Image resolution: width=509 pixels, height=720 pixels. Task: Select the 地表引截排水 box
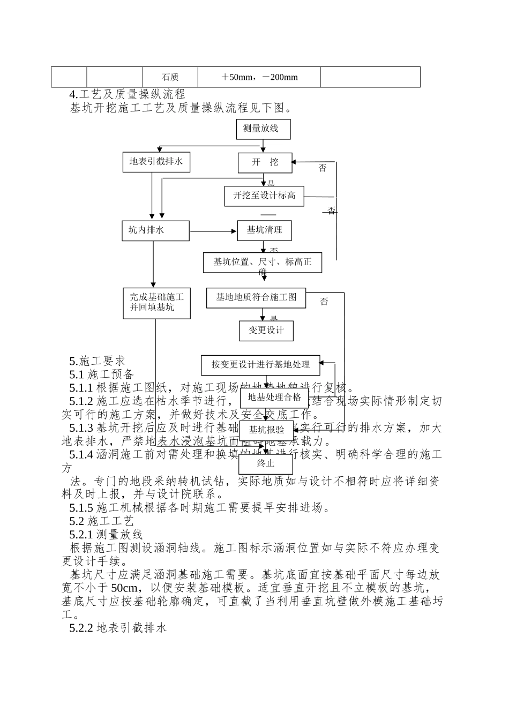tap(156, 162)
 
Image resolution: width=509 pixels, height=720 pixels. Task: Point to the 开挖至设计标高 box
tap(264, 196)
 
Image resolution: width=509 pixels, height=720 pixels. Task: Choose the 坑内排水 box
tap(155, 231)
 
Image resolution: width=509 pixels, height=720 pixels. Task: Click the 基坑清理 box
tap(264, 230)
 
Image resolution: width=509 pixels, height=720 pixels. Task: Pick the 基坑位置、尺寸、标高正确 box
tap(263, 262)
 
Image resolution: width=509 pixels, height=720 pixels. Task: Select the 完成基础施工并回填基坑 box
tap(156, 303)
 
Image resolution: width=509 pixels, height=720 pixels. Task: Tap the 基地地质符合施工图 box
tap(256, 298)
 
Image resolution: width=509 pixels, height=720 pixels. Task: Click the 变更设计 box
tap(266, 331)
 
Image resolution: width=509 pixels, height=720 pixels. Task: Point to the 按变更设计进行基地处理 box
tap(260, 365)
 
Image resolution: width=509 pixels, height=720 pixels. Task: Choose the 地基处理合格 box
tap(274, 398)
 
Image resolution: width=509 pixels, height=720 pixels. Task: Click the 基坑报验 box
tap(266, 430)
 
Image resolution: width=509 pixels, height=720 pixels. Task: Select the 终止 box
tap(266, 463)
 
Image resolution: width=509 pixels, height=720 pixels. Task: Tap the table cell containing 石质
tap(170, 77)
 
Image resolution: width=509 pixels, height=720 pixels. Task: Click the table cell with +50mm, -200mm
tap(259, 77)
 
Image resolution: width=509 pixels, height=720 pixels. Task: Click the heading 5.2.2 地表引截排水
tap(118, 627)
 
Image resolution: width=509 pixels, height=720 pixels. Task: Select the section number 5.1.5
tap(81, 508)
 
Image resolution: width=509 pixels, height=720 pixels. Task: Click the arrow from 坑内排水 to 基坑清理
tap(213, 231)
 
